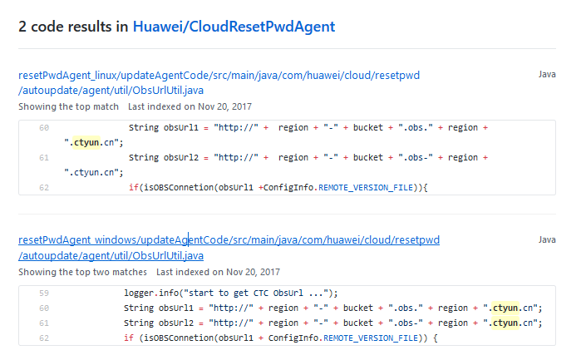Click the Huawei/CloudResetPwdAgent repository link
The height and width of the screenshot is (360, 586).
pos(234,27)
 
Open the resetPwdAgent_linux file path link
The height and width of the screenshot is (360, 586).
pos(219,82)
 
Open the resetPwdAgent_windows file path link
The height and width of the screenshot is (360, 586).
pos(229,248)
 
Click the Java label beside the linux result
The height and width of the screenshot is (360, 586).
pos(547,74)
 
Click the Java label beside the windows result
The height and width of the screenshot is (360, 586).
pos(547,239)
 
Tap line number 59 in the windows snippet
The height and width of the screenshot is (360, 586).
pos(44,293)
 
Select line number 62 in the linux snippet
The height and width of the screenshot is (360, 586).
pos(44,188)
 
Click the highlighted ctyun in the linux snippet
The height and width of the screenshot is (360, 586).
pos(86,142)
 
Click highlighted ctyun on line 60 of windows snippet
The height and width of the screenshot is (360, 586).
pos(505,308)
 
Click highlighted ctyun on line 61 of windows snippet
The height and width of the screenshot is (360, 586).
pos(505,323)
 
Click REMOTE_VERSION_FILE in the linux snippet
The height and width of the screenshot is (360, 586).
pos(366,188)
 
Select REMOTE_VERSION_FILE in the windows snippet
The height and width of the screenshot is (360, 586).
pos(371,338)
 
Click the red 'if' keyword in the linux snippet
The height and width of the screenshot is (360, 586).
pos(134,187)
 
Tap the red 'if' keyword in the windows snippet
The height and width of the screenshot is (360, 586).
pos(129,338)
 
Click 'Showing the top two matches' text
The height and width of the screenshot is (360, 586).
pos(82,272)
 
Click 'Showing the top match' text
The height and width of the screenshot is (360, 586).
pos(68,107)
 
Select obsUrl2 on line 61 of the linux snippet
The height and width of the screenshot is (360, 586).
pos(181,157)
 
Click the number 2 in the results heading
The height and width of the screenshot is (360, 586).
pos(22,27)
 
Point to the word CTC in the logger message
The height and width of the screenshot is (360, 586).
pos(261,293)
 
